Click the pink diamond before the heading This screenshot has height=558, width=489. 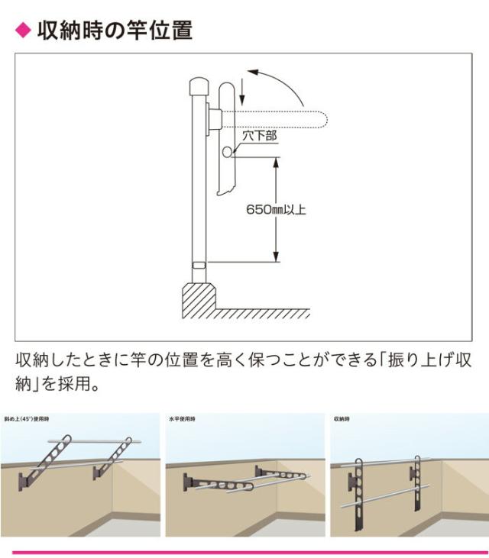22,31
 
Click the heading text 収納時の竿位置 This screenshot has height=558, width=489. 115,31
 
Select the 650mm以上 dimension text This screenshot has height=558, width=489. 276,209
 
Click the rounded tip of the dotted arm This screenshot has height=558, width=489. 324,118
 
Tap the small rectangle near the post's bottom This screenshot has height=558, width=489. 198,264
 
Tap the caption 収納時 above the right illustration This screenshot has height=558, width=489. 343,419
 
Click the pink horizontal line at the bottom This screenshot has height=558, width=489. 244,551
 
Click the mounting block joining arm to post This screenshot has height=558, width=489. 215,119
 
